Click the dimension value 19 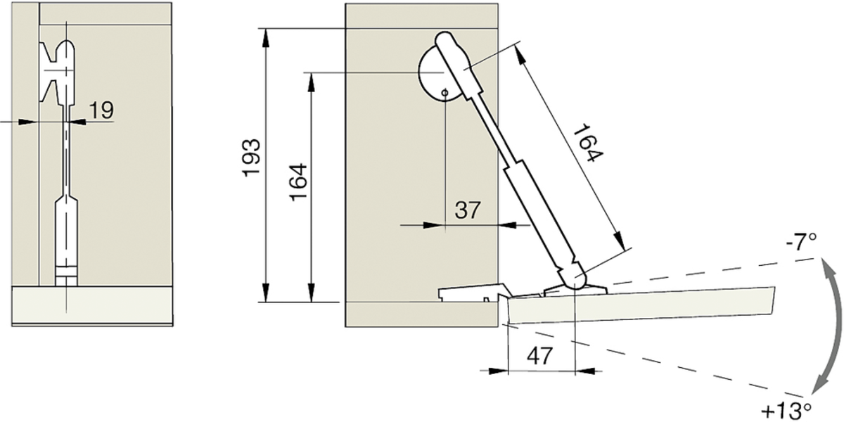(101, 110)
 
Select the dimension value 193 (251, 158)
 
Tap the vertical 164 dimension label (298, 182)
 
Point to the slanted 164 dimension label (588, 142)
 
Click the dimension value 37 (468, 210)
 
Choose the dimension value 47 (540, 355)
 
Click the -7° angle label (801, 243)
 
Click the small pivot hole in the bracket (445, 93)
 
